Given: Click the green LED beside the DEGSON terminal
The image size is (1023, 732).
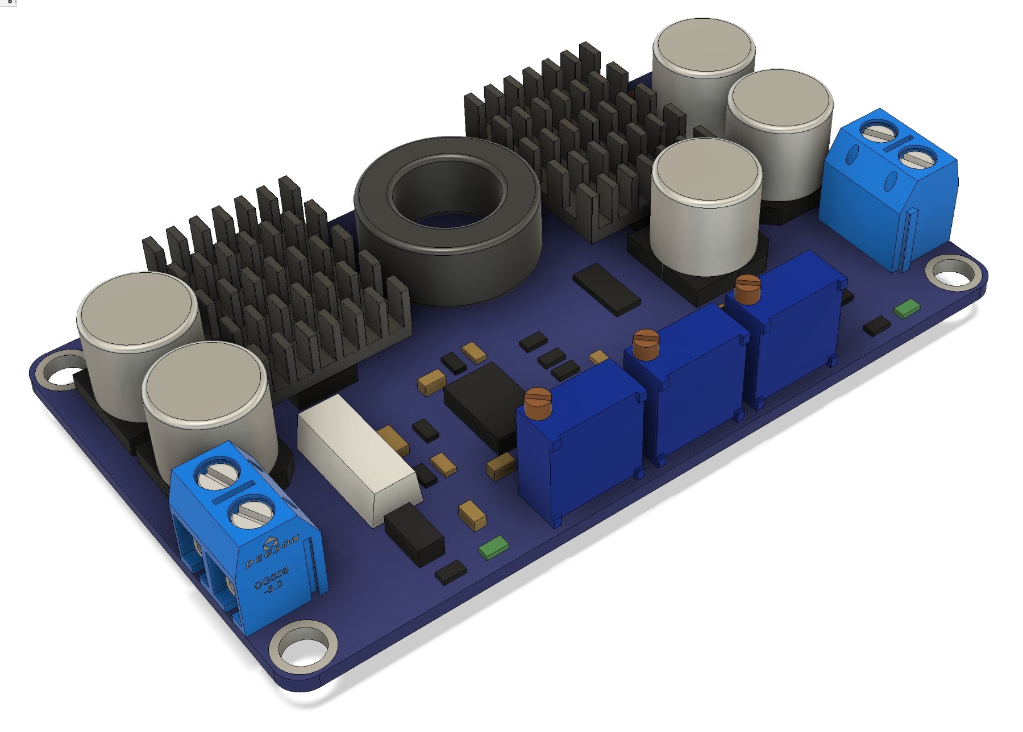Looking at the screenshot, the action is (493, 547).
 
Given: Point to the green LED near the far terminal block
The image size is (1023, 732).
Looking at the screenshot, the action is (906, 307).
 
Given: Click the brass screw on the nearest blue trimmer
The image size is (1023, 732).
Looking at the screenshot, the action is (538, 402).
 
